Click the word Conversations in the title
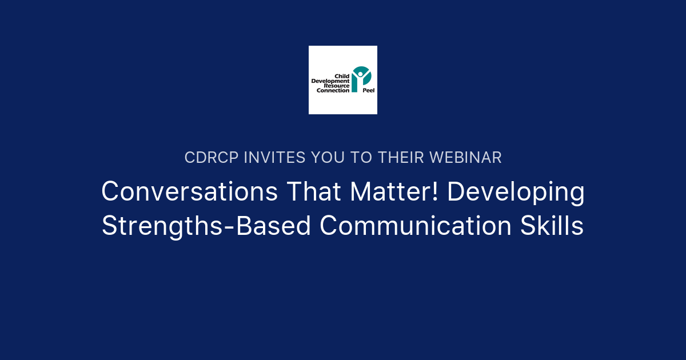[190, 192]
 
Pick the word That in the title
[314, 192]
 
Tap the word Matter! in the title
[395, 192]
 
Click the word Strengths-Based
[206, 226]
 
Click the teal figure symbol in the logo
[361, 78]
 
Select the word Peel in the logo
[368, 90]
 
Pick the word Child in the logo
[342, 76]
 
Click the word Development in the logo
[330, 81]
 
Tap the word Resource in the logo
[337, 86]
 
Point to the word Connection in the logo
[330, 90]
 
